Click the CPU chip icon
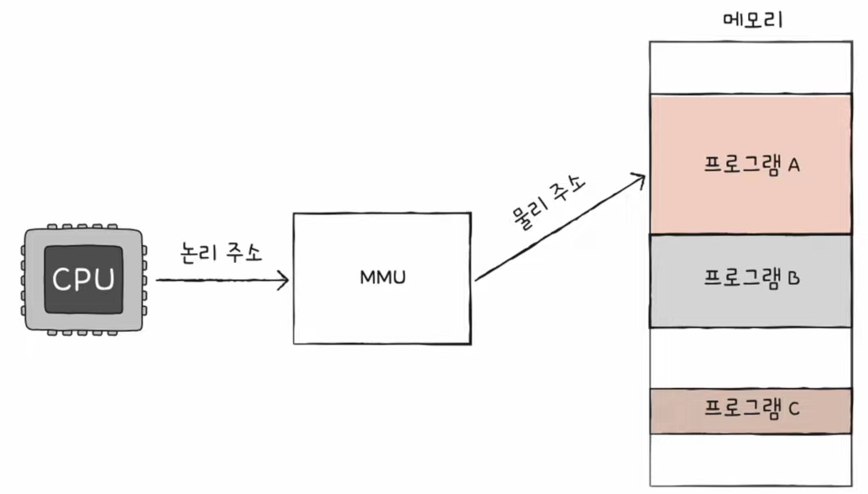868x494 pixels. [x=84, y=280]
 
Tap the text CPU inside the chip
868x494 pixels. [x=84, y=279]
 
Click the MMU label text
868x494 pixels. [x=383, y=277]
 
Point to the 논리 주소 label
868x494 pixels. [x=222, y=253]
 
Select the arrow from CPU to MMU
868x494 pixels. [x=222, y=281]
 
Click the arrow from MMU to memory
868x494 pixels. [x=560, y=228]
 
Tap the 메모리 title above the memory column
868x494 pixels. [x=753, y=20]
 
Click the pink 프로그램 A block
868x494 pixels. [x=750, y=165]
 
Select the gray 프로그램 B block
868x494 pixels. [x=750, y=281]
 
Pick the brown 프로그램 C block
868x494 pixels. [x=750, y=411]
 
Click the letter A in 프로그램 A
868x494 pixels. [x=794, y=165]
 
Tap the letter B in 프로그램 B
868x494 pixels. [x=794, y=278]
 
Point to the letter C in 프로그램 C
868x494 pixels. [x=794, y=408]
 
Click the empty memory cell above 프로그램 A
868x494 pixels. [x=750, y=67]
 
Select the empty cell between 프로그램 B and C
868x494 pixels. [x=750, y=358]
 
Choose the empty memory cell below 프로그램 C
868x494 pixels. [x=750, y=460]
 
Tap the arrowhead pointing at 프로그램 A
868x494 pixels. [x=639, y=180]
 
